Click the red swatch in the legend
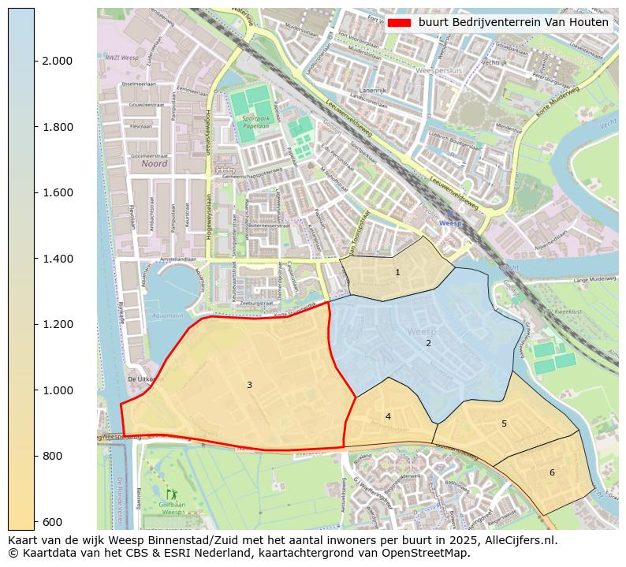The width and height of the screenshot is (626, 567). pyautogui.click(x=400, y=23)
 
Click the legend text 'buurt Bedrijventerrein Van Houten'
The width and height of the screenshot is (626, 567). pyautogui.click(x=513, y=23)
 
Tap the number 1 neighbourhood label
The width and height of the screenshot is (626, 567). pyautogui.click(x=397, y=273)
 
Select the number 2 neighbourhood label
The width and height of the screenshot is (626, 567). pyautogui.click(x=428, y=343)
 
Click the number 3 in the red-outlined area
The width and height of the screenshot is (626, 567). pyautogui.click(x=249, y=385)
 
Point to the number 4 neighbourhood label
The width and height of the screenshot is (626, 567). pyautogui.click(x=388, y=416)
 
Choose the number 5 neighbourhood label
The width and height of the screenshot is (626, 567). pyautogui.click(x=504, y=424)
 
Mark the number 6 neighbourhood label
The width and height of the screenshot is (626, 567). pyautogui.click(x=552, y=472)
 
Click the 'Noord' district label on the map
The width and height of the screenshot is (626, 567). pyautogui.click(x=155, y=165)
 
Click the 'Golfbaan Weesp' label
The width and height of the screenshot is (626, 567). pyautogui.click(x=172, y=508)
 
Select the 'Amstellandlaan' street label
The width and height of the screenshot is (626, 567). pyautogui.click(x=177, y=259)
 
